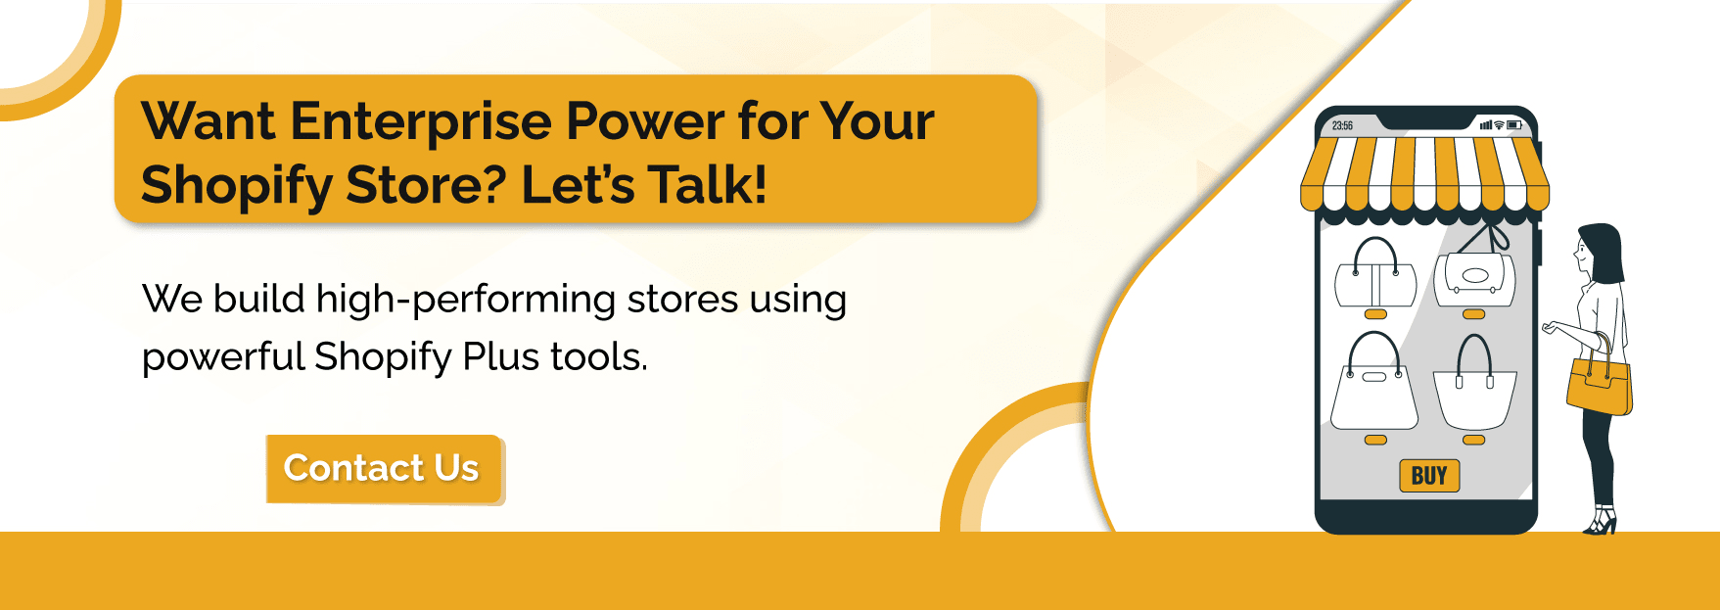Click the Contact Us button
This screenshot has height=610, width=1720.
click(383, 469)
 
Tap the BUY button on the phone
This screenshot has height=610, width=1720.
click(1428, 476)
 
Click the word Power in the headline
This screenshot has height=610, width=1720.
click(646, 122)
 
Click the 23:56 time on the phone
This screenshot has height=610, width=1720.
click(1342, 126)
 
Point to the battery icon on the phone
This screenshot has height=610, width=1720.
click(1514, 125)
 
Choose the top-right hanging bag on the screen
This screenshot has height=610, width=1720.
click(1474, 273)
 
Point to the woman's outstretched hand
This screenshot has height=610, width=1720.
click(1549, 328)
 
